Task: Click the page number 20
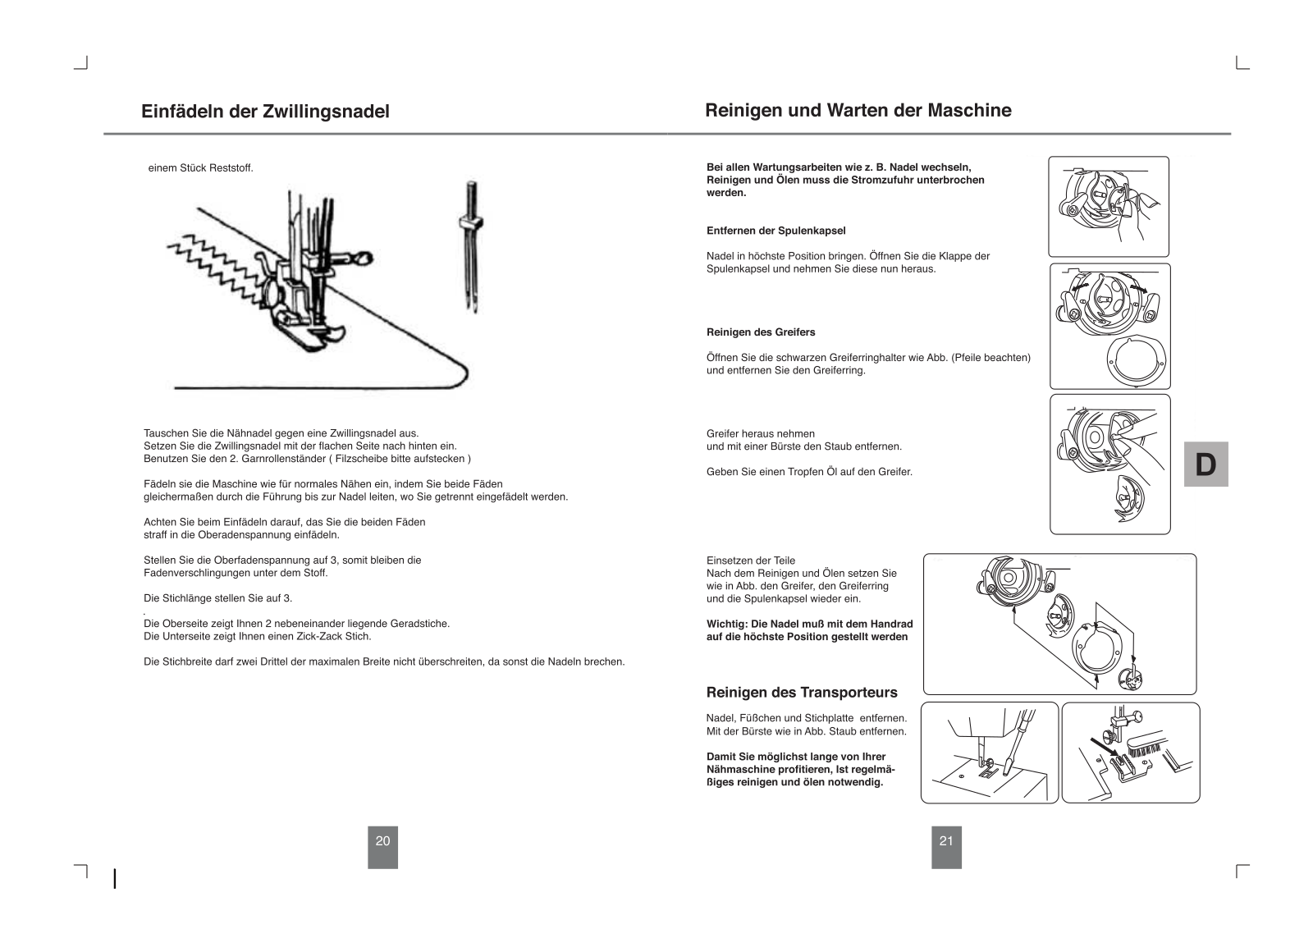click(382, 841)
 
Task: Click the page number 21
click(946, 841)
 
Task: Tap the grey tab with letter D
click(1205, 464)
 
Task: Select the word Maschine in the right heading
click(969, 110)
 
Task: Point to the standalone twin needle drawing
click(471, 246)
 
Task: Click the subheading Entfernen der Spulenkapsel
click(775, 231)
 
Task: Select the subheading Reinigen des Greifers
click(761, 332)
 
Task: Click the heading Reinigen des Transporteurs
click(801, 692)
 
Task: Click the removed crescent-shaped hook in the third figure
click(1128, 499)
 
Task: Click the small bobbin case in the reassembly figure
click(1131, 679)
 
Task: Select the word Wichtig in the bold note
click(725, 625)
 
